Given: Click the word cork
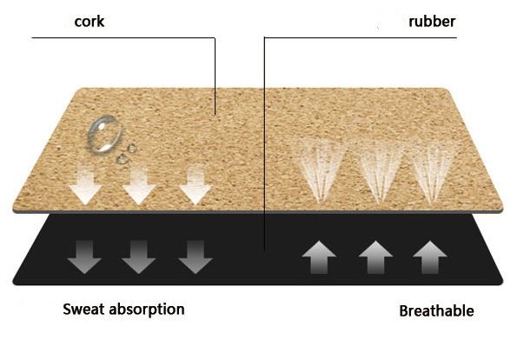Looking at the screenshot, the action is (89, 22).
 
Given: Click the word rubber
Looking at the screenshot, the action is (432, 22).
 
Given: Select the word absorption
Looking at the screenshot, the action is (147, 310).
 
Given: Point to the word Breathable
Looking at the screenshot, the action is (436, 311).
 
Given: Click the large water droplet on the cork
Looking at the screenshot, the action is (104, 134).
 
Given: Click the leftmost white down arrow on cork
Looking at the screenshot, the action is (85, 185).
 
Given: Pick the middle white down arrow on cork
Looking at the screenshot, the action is (139, 185).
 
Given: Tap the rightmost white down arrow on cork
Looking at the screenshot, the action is (196, 184).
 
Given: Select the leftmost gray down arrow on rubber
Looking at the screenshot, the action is (84, 257).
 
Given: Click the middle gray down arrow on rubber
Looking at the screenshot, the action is (138, 257).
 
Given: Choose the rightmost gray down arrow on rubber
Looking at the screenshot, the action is (196, 257).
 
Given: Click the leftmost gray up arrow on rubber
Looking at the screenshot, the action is (319, 257).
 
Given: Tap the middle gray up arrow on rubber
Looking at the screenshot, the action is (375, 257).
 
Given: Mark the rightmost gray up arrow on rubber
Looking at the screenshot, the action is (430, 257).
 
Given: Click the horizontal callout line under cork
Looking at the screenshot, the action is (123, 38).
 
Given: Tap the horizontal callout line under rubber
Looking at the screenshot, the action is (361, 37).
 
